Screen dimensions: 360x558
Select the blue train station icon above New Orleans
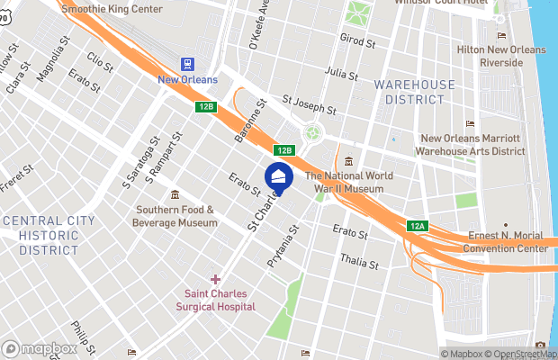click(188, 64)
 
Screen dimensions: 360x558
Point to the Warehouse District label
click(415, 92)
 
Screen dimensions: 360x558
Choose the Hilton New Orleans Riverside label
click(502, 57)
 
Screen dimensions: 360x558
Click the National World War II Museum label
click(345, 183)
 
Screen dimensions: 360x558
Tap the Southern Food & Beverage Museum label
click(175, 216)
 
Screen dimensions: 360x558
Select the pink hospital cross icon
click(215, 279)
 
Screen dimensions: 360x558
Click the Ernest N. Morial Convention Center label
click(508, 242)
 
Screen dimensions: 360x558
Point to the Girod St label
click(356, 40)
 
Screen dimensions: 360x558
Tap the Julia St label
click(342, 73)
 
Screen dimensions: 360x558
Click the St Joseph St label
click(309, 105)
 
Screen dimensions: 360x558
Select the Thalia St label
click(360, 260)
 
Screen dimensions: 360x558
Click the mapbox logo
click(40, 348)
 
